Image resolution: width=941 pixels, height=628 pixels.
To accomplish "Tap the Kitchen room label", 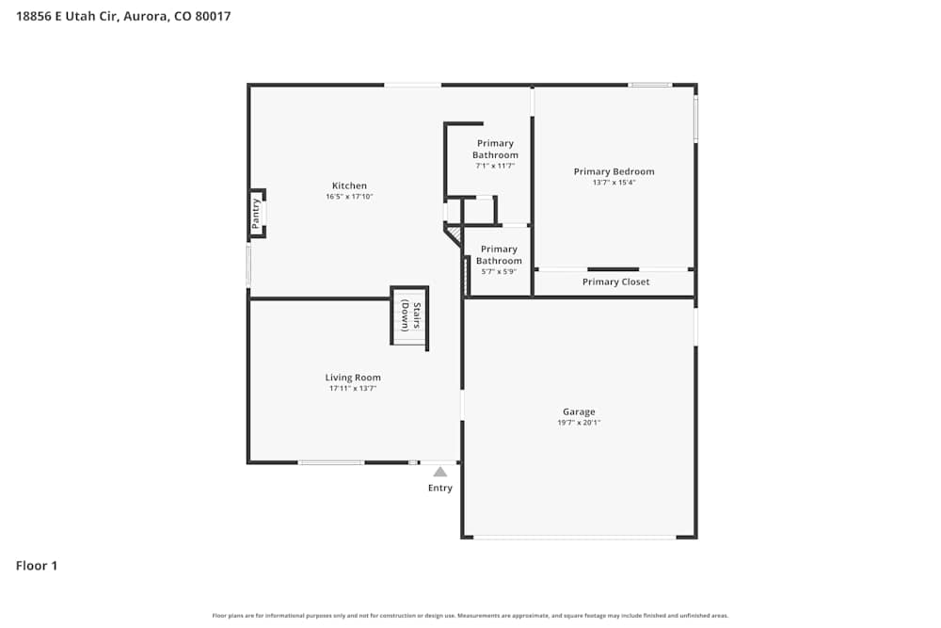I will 349,185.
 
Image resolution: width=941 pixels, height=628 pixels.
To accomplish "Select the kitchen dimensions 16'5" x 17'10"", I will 349,197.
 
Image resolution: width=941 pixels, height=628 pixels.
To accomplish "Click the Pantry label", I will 256,213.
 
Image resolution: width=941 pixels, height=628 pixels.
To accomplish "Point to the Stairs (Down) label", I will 410,315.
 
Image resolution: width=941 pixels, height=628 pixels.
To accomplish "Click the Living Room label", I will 353,378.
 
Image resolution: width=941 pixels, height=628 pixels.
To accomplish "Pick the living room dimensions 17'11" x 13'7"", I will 353,389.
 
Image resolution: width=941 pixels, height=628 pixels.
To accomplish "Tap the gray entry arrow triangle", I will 440,472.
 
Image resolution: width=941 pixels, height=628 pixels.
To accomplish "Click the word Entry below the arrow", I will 440,488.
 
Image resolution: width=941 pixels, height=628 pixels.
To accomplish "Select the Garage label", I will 579,411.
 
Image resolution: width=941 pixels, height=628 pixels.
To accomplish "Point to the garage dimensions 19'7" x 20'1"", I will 579,423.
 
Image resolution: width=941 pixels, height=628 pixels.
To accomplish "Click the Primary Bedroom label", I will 614,171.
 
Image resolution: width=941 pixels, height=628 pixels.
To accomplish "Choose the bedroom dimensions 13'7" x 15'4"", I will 614,183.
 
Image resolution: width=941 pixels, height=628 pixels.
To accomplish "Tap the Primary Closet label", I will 615,282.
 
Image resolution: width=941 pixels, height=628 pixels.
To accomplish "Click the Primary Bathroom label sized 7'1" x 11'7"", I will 495,149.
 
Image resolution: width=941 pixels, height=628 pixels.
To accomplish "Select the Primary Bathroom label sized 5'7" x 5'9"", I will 499,254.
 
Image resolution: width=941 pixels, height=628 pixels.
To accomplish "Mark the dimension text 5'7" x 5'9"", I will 499,272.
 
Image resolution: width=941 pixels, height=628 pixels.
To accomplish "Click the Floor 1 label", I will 37,566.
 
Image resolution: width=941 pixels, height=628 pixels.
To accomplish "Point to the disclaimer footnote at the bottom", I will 470,616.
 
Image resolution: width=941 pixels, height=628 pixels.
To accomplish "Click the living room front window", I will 331,462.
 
